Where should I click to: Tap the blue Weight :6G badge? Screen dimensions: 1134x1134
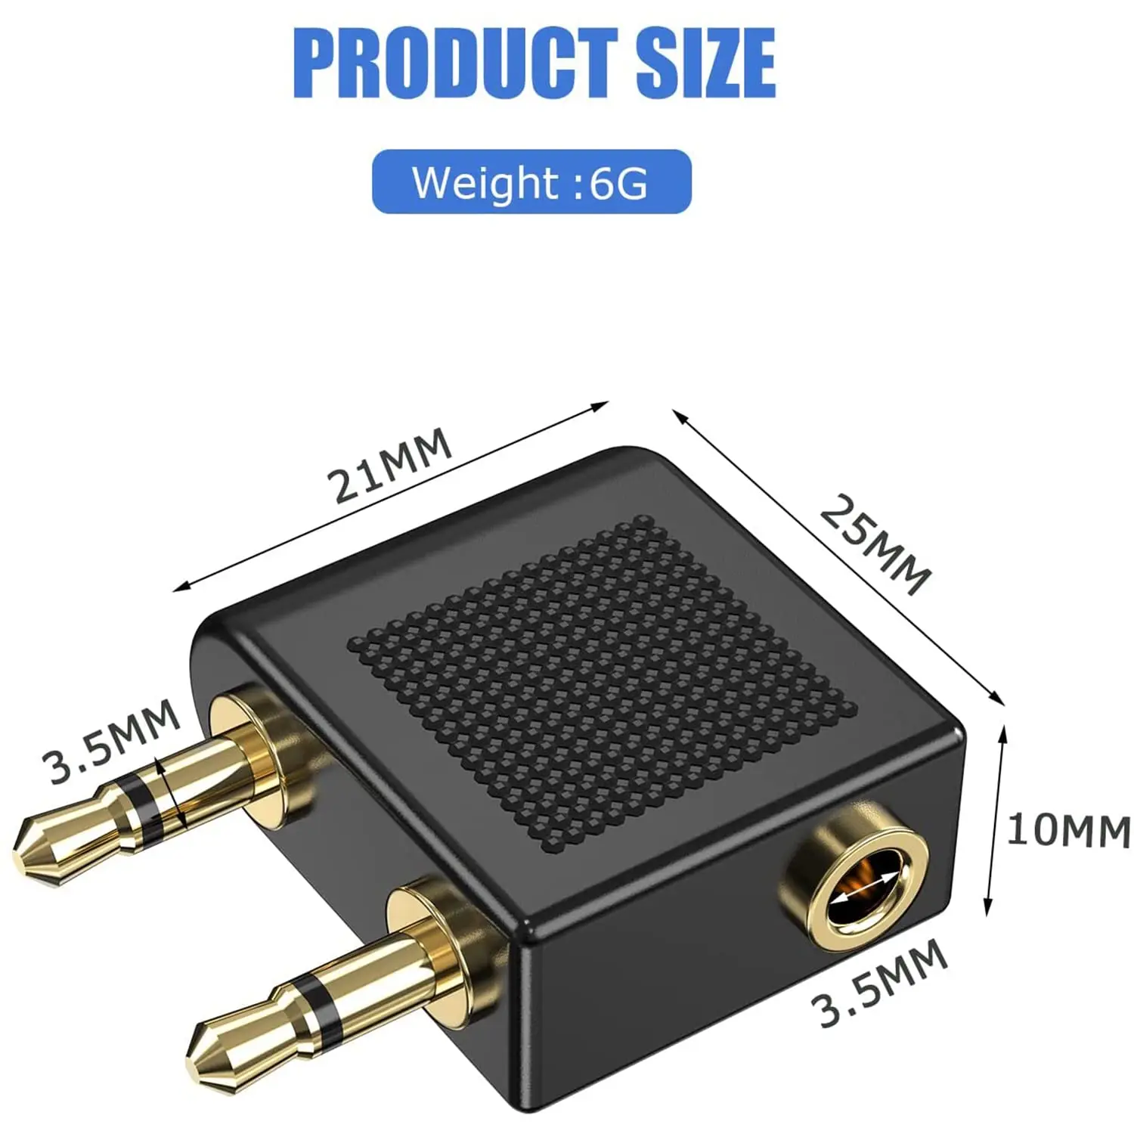click(x=531, y=182)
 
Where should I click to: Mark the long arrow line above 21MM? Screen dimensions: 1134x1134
click(x=391, y=495)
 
